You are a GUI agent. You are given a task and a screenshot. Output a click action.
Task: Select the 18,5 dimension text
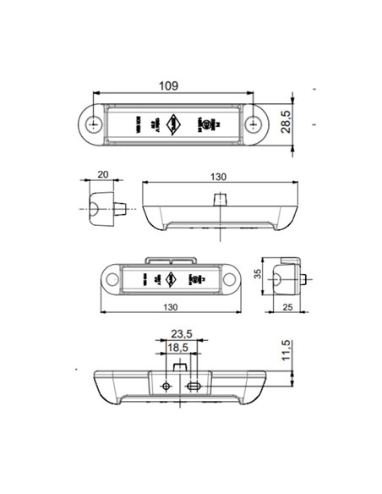(x=177, y=348)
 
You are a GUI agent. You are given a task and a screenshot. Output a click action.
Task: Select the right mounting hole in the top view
(x=254, y=124)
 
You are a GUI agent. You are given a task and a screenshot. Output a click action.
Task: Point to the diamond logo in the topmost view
(x=173, y=124)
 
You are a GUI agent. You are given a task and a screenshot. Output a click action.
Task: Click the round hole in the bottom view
(x=166, y=386)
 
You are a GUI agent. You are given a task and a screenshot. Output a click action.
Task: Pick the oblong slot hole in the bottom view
(x=195, y=386)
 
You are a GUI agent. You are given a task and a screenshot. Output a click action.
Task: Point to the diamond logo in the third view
(x=171, y=278)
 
